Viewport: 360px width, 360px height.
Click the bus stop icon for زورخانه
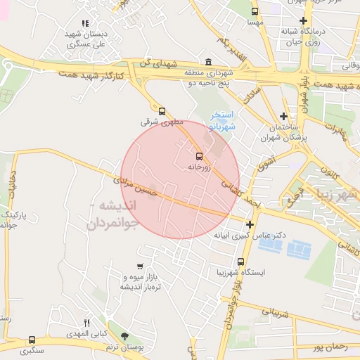[x=198, y=156]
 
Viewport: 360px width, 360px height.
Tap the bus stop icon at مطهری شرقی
[x=162, y=110]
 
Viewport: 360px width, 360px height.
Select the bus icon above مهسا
[x=255, y=11]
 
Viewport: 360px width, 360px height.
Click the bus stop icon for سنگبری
[x=32, y=340]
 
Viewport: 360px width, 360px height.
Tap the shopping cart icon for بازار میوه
[x=141, y=266]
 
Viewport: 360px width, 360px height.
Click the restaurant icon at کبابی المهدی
[x=87, y=323]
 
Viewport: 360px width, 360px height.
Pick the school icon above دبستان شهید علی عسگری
[x=85, y=23]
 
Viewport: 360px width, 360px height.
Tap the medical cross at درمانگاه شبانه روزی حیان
[x=303, y=20]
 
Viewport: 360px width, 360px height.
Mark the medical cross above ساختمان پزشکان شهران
[x=283, y=116]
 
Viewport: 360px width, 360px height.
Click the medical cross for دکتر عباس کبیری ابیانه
[x=250, y=224]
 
